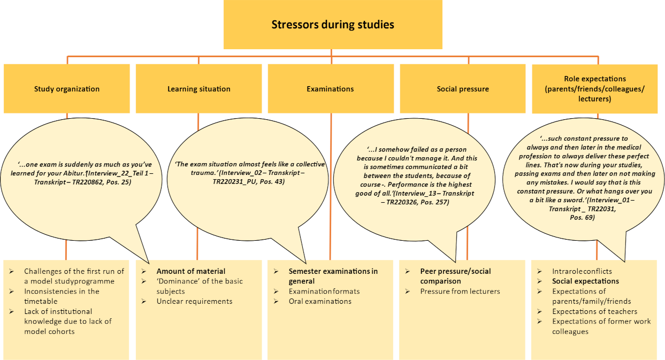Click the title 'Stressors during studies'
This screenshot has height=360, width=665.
coord(333,25)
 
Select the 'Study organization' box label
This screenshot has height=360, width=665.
coord(67,89)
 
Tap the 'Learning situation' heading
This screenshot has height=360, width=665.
coord(199,89)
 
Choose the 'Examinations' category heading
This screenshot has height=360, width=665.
coord(330,89)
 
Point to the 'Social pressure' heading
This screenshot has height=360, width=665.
coord(463,89)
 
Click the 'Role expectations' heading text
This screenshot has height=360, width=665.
coord(595,79)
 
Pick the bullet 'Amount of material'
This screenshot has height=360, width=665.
coord(191,271)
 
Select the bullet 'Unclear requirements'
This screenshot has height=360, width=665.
coord(194,301)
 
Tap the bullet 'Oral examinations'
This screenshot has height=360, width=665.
coord(320,301)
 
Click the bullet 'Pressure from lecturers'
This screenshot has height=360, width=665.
coord(460,291)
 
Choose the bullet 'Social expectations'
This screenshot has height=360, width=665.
coord(585,281)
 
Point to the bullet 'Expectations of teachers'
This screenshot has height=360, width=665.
coord(594,311)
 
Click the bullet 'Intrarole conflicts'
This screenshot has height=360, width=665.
coord(582,271)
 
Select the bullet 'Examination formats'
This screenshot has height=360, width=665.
coord(324,291)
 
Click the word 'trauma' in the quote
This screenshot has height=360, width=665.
coord(201,173)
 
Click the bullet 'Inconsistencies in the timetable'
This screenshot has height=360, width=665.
coord(62,296)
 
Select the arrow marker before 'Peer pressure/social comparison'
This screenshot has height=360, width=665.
coord(407,271)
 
